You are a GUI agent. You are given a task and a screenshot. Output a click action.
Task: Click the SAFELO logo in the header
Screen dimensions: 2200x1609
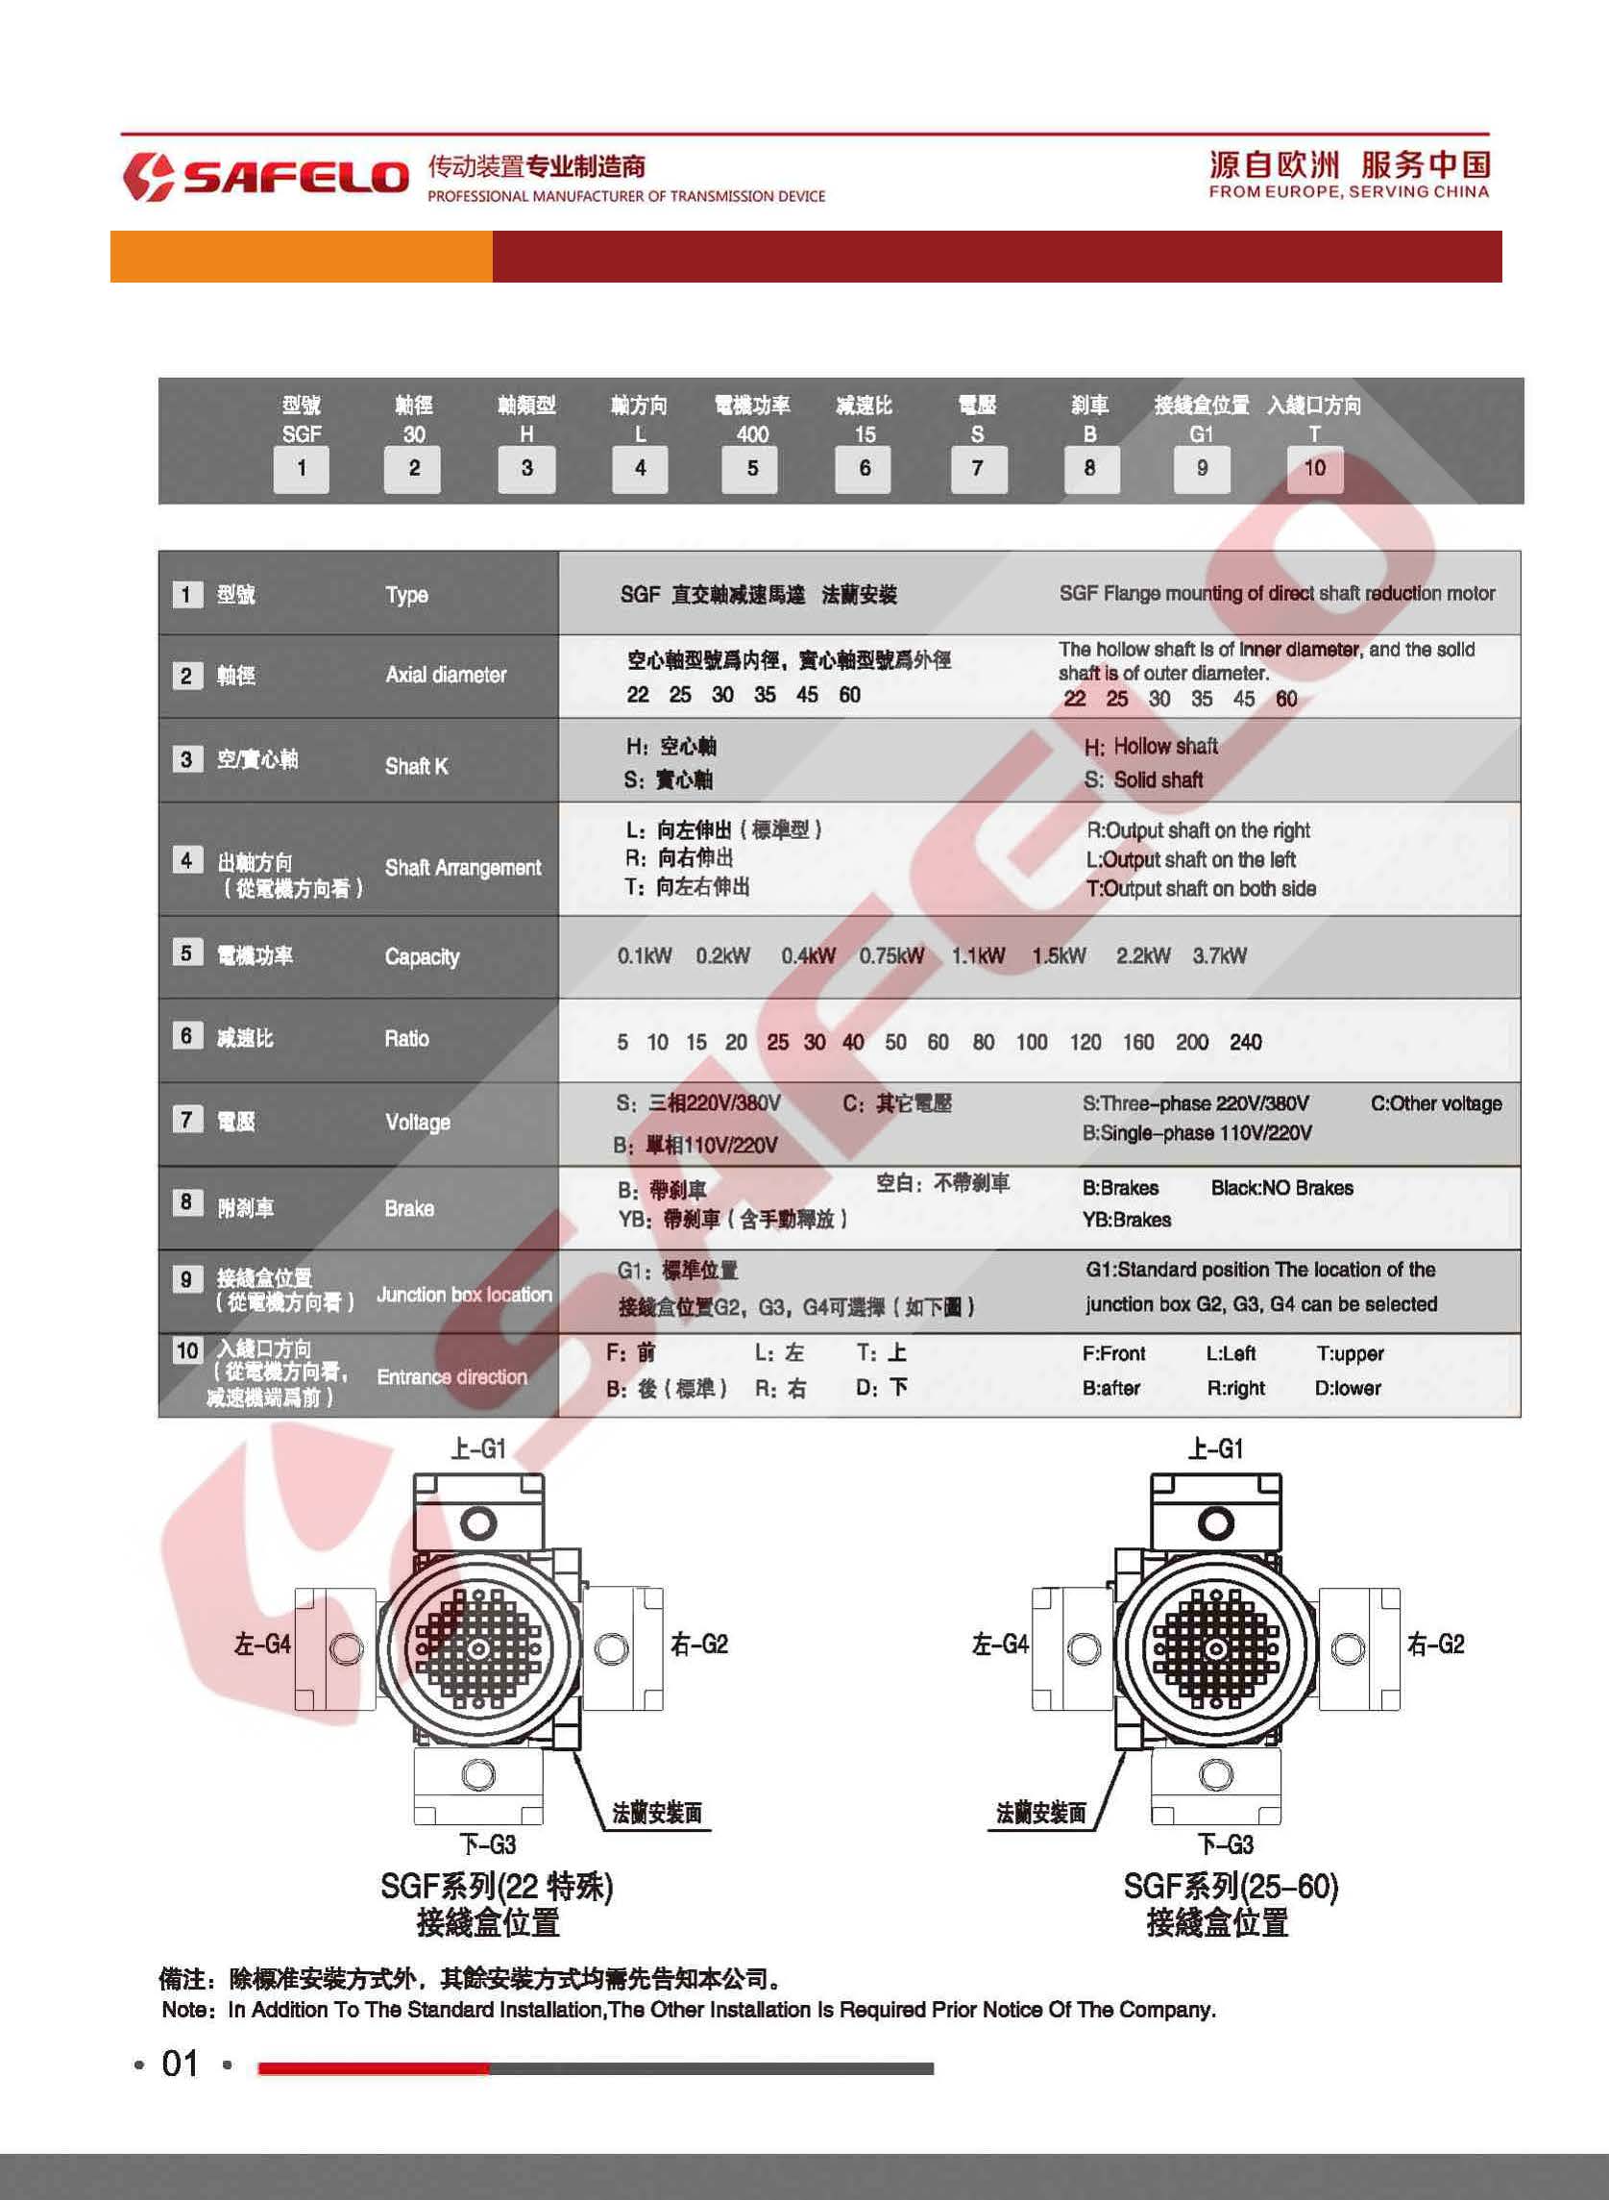click(266, 176)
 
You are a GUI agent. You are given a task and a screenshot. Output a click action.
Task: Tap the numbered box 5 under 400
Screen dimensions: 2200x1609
click(752, 469)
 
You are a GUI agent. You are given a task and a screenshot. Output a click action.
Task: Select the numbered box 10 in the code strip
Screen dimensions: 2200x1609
click(1314, 469)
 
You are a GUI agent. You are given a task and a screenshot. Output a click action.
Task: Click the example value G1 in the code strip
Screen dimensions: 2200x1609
click(1201, 434)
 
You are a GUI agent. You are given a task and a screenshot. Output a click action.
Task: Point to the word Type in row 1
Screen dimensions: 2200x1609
click(406, 594)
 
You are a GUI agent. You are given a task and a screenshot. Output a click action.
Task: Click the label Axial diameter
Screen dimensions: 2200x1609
click(445, 675)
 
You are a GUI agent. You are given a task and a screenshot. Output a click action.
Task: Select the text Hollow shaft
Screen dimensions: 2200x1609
click(1165, 747)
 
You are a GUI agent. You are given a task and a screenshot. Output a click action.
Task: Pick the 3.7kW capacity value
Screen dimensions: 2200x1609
click(1218, 955)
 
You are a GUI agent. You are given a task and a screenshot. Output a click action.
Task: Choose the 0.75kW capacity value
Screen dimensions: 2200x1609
click(890, 955)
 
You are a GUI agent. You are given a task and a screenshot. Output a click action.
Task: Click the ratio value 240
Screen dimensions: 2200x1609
click(1245, 1042)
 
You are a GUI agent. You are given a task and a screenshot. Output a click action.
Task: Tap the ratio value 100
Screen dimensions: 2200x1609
click(1031, 1042)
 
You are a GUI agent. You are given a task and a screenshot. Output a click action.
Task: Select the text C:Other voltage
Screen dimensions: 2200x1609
click(1436, 1103)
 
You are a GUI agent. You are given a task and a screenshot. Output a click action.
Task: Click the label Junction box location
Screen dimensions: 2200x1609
click(464, 1294)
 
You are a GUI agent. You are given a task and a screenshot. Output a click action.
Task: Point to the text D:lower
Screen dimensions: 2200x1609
click(1347, 1388)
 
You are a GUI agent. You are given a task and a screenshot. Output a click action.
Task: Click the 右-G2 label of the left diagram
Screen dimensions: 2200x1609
click(698, 1644)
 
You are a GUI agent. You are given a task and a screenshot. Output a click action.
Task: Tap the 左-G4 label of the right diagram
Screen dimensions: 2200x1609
click(999, 1644)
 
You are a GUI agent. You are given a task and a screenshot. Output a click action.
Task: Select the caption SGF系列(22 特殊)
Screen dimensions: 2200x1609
click(496, 1887)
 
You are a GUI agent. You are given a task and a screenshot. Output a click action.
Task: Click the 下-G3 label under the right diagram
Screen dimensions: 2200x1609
click(1226, 1843)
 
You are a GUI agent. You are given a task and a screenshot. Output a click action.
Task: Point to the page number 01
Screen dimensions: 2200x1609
click(181, 2063)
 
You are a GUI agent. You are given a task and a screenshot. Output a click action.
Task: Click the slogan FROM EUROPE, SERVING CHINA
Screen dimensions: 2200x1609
click(1348, 192)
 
